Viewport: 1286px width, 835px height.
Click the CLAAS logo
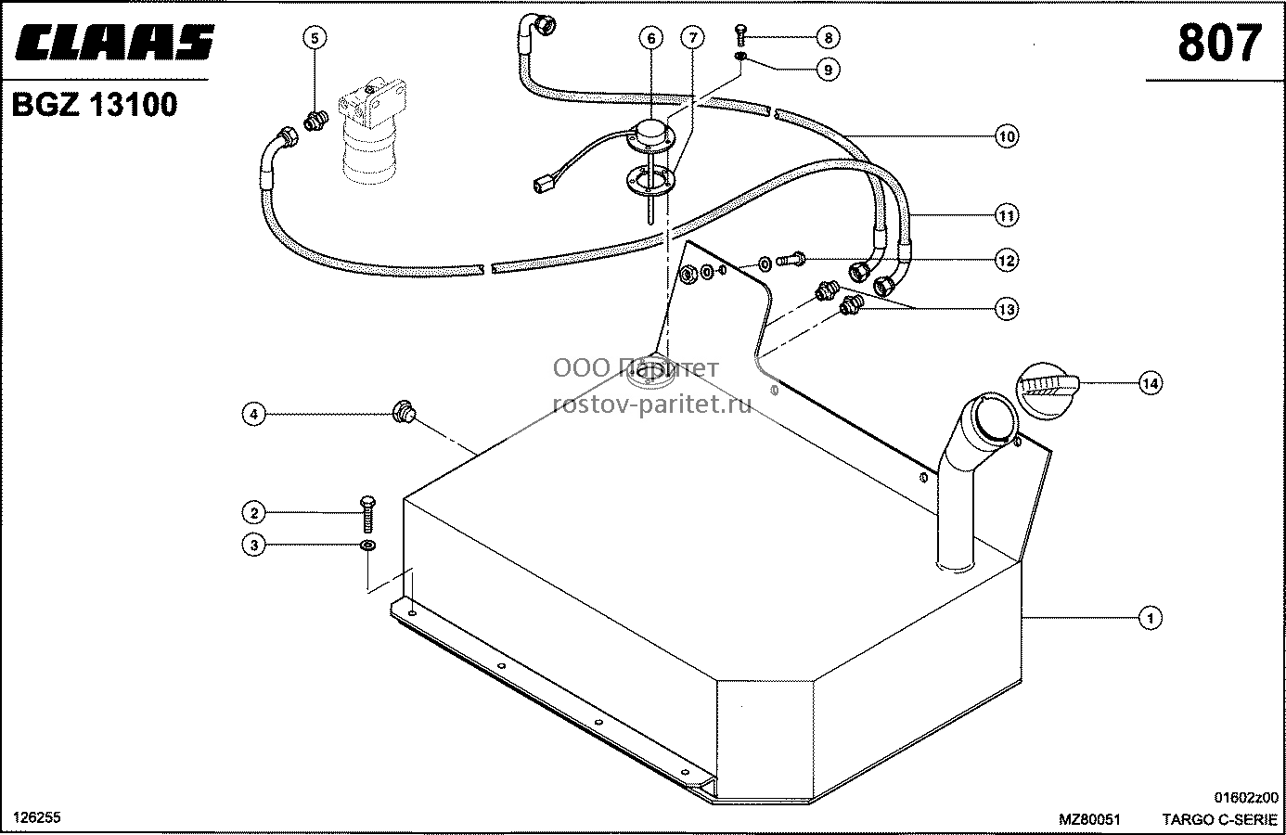point(115,42)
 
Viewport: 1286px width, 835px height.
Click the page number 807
point(1220,44)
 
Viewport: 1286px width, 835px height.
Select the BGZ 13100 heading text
point(95,105)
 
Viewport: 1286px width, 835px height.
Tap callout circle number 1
point(1150,618)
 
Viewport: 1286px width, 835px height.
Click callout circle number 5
point(315,38)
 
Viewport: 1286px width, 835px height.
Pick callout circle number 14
point(1151,383)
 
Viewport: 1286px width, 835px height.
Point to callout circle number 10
point(1007,136)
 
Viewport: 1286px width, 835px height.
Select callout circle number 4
point(253,414)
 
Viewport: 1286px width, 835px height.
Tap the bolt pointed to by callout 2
point(368,514)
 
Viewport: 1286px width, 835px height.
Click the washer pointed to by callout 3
point(368,545)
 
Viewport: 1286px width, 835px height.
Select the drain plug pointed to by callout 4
point(404,412)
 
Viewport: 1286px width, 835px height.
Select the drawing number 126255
point(37,817)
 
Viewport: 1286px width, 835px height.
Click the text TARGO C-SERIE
point(1220,819)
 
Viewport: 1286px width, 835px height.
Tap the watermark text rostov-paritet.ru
point(651,405)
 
